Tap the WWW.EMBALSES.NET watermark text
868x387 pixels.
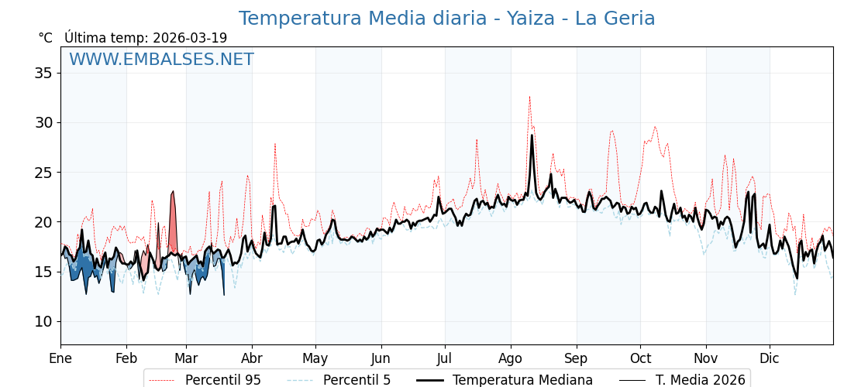(161, 60)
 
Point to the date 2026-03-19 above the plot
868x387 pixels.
(190, 38)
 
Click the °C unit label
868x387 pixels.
(46, 38)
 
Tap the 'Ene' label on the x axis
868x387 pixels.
(60, 358)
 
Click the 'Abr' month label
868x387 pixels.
(252, 358)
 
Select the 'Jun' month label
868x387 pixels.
(381, 358)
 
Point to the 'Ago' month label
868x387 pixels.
(511, 358)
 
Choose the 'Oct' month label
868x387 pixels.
(640, 358)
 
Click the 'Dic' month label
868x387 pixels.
(770, 358)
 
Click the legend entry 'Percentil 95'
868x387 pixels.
(222, 380)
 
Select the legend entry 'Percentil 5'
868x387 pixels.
(356, 380)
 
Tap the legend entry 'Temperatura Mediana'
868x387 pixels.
(522, 380)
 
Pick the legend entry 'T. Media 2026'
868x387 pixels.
(700, 380)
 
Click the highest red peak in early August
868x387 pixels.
(530, 97)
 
